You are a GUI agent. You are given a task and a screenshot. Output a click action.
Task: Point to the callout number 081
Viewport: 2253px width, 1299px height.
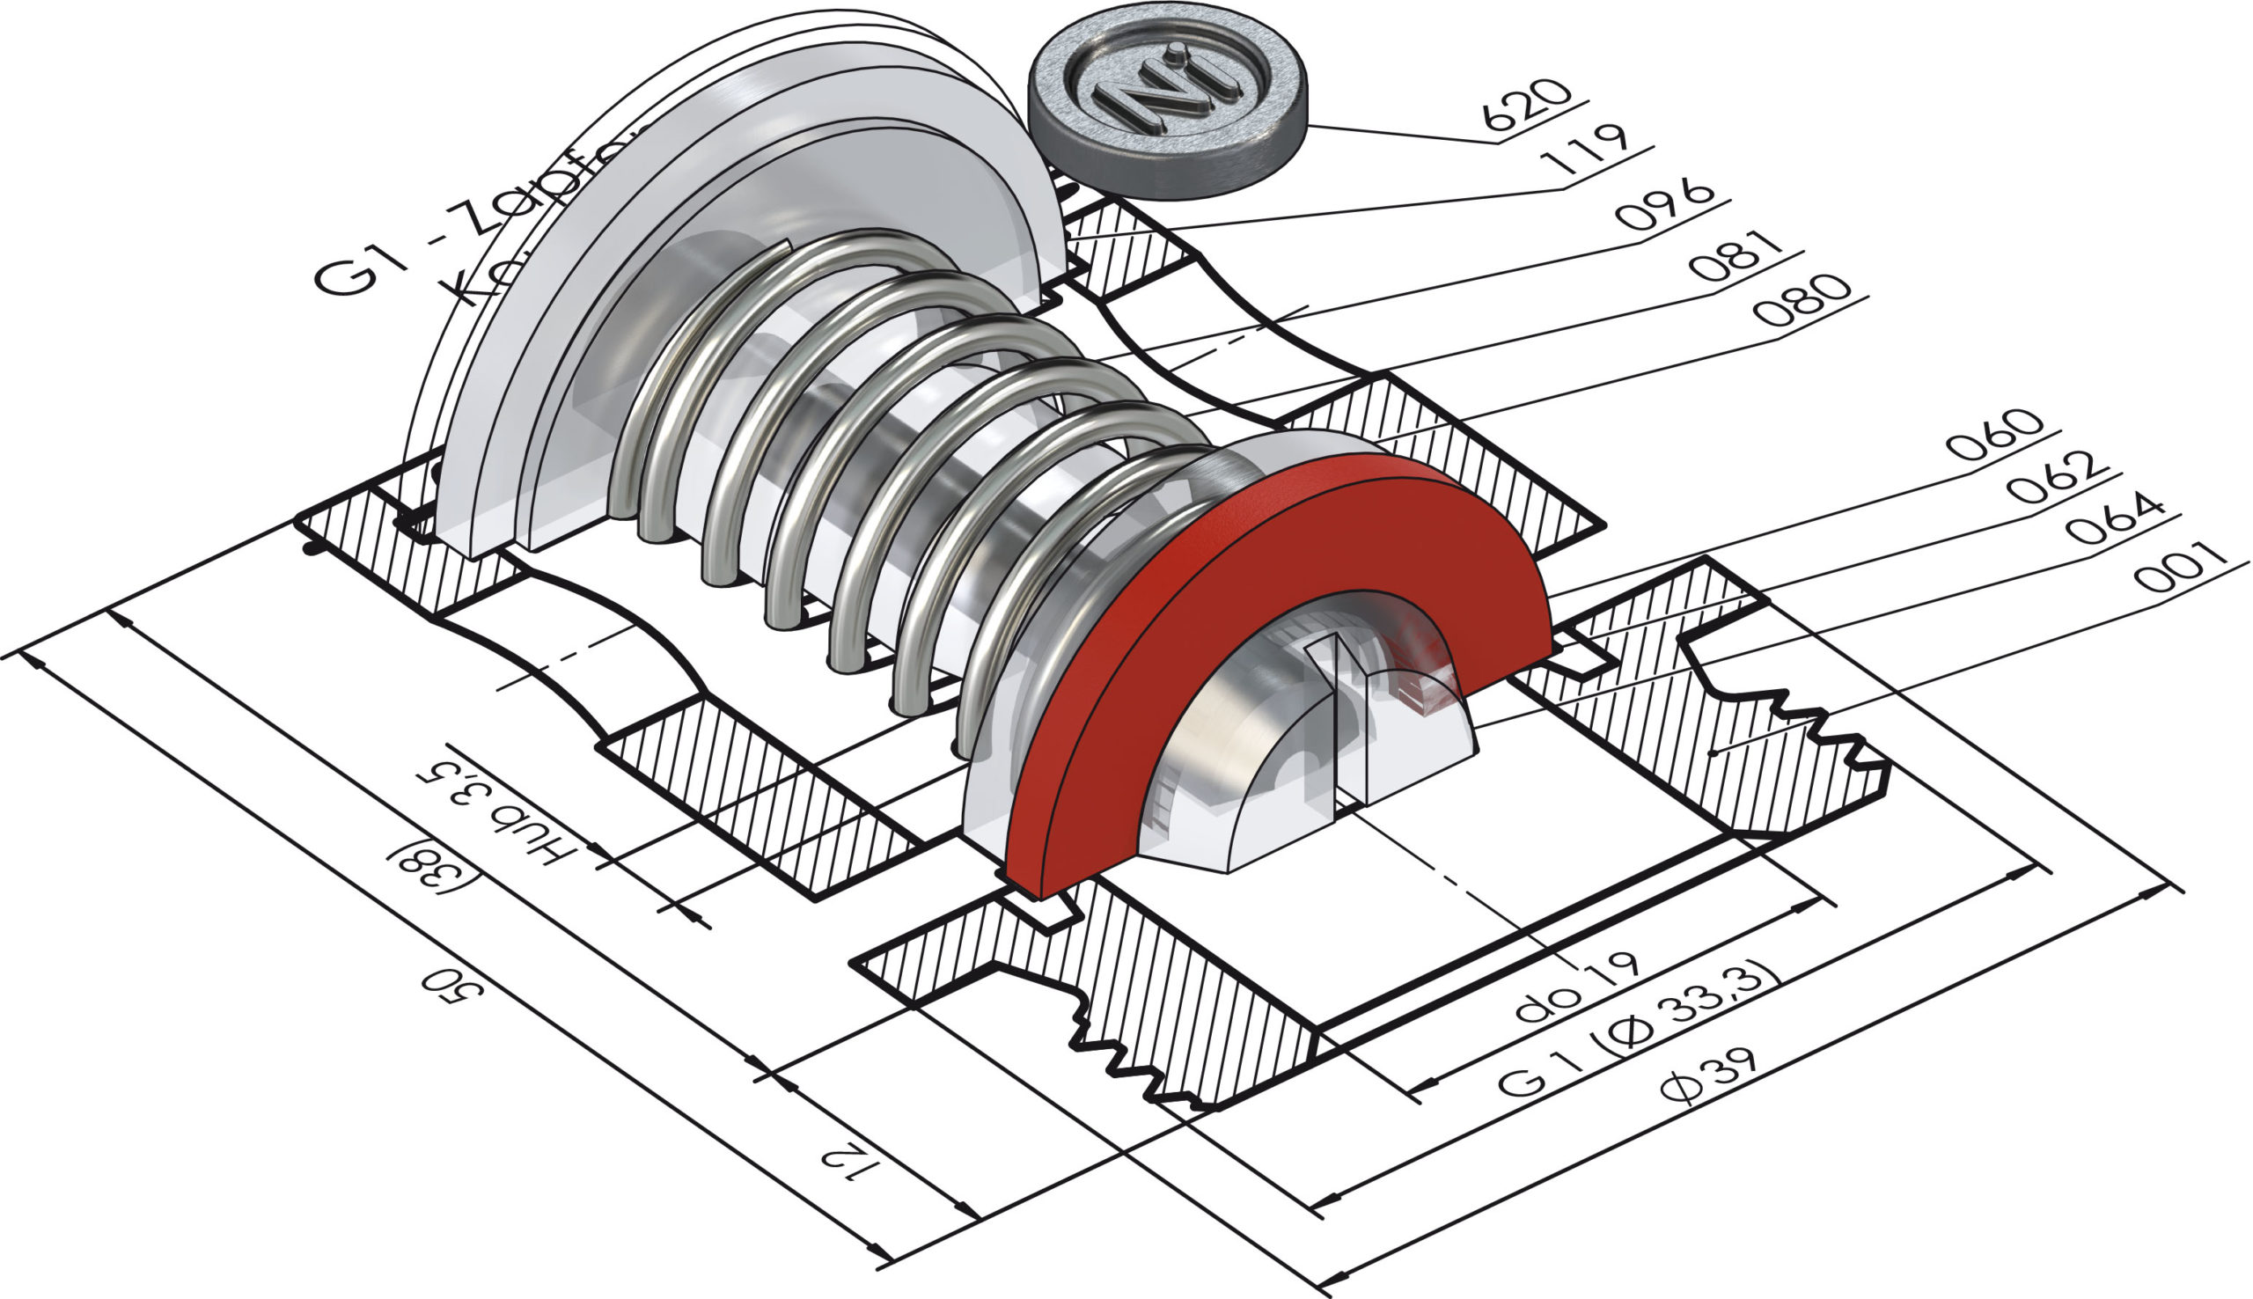pos(1734,256)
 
